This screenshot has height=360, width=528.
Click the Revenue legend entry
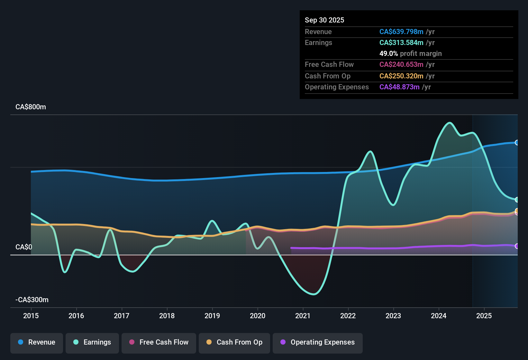click(x=37, y=342)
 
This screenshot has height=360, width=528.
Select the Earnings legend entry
click(x=92, y=342)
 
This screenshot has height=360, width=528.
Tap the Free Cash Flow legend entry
click(x=159, y=342)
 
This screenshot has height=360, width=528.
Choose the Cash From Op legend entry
click(x=234, y=342)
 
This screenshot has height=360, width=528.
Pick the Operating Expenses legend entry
click(x=318, y=342)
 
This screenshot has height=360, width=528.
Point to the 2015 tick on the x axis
click(x=31, y=316)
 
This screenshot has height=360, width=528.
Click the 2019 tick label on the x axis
click(x=212, y=316)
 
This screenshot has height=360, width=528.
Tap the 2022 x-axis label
click(x=348, y=316)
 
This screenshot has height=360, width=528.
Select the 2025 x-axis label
click(x=484, y=316)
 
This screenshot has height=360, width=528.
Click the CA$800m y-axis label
click(x=31, y=107)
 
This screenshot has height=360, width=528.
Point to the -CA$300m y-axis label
click(x=32, y=300)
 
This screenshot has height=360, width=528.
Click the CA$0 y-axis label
click(x=24, y=247)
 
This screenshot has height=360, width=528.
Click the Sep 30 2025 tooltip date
click(x=324, y=20)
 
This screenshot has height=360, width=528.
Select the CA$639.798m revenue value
click(x=401, y=32)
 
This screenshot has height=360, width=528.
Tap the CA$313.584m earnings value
click(x=401, y=43)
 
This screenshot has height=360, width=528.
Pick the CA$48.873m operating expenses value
click(x=399, y=87)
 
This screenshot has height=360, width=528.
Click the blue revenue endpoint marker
click(x=517, y=143)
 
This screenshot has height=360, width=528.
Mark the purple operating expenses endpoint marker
click(x=517, y=246)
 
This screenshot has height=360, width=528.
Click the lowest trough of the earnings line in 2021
click(x=314, y=294)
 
